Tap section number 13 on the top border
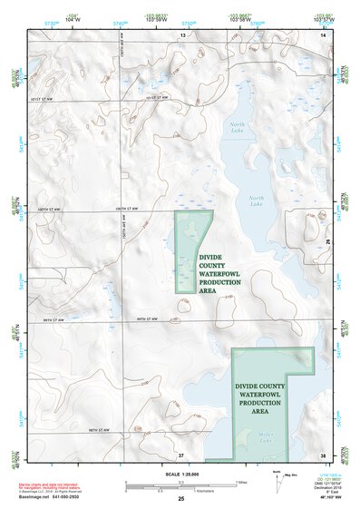point(181,34)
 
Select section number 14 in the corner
point(322,34)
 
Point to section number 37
point(181,454)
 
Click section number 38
point(322,454)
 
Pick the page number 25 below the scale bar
point(180,499)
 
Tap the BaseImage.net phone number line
point(56,498)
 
